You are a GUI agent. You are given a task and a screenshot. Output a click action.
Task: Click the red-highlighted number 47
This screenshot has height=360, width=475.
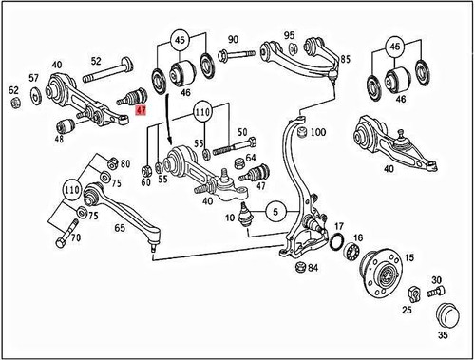point(142,110)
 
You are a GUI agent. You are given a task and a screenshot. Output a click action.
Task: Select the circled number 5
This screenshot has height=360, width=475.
point(273,211)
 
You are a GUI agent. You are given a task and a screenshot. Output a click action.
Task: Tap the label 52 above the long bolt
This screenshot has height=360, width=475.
point(95,61)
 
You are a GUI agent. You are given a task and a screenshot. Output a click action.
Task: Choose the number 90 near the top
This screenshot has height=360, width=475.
point(233,40)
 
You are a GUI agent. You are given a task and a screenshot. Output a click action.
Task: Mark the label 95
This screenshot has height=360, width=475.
point(289,35)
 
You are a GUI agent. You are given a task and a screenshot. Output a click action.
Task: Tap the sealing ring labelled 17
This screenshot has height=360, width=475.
point(336,249)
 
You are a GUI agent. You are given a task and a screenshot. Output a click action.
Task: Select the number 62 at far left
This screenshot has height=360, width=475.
point(13,91)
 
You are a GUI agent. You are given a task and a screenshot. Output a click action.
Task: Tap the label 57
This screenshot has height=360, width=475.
point(33,78)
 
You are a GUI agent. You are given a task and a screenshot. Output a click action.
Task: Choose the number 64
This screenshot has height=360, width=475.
point(251,158)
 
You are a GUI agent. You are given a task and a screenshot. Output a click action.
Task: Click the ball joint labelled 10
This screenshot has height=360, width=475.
point(244,216)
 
